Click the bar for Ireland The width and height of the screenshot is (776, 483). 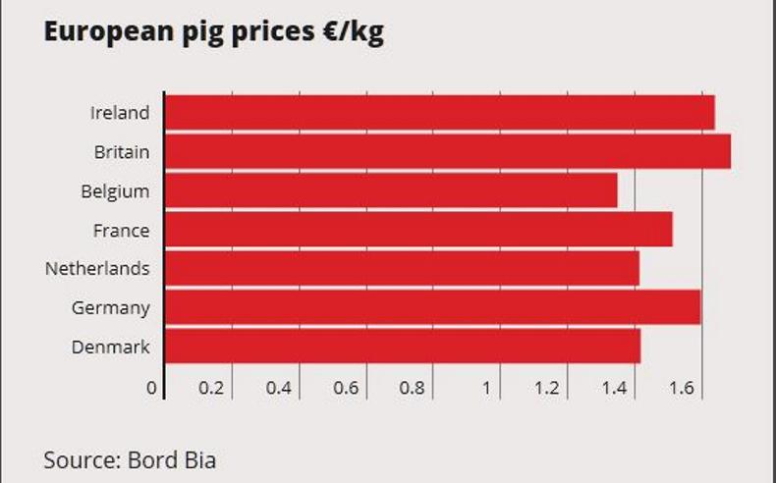[439, 112]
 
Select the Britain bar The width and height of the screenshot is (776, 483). [447, 151]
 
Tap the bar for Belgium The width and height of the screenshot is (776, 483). [391, 190]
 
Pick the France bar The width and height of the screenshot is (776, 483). [418, 230]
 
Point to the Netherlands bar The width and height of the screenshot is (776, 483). [402, 268]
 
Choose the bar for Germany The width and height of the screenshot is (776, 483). [432, 307]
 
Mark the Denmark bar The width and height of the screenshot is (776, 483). [403, 347]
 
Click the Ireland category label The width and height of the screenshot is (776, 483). [120, 113]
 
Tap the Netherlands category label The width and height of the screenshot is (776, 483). [97, 268]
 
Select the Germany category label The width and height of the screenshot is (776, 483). [111, 308]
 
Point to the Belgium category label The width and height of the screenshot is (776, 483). [115, 191]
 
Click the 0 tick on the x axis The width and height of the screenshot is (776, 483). [151, 388]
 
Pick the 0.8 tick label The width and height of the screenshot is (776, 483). [413, 388]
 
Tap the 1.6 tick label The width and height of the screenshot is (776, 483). [682, 388]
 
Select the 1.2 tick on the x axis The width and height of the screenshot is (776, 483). [547, 388]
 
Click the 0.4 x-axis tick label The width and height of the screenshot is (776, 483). [279, 388]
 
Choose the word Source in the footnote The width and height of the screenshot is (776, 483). [80, 459]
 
